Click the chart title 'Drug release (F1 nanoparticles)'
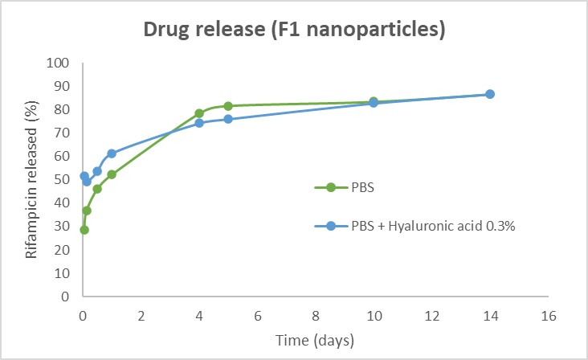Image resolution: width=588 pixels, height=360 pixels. point(294,31)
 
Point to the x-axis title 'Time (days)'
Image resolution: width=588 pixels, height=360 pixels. point(316,341)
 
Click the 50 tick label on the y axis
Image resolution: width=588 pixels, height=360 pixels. point(63,180)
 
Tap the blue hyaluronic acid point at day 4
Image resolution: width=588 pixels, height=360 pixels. point(199,123)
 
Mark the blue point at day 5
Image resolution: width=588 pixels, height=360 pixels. point(228,119)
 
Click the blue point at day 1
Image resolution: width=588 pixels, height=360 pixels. point(112,153)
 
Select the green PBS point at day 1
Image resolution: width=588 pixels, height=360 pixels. point(112,174)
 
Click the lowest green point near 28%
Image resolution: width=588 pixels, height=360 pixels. point(84,230)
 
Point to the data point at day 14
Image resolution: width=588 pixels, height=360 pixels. point(490,94)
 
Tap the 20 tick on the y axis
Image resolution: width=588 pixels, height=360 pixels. point(63,250)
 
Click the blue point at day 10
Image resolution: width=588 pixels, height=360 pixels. point(374,103)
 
